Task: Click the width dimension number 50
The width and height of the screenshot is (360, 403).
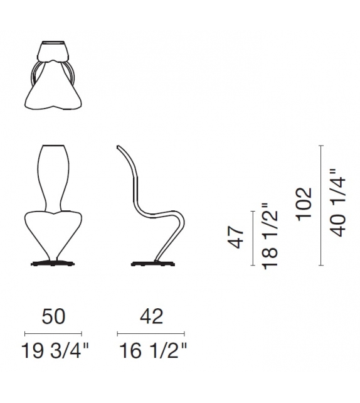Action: (x=53, y=316)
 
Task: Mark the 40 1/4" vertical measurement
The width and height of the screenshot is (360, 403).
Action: (x=337, y=202)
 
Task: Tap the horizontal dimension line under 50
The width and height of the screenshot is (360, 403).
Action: (x=53, y=332)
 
